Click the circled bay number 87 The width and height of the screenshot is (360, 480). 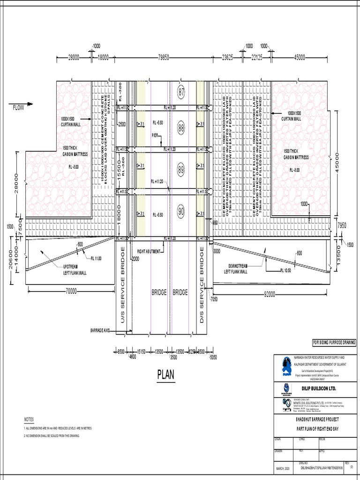[182, 91]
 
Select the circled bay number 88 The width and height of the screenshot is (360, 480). [182, 127]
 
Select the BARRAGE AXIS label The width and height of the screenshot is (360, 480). [100, 330]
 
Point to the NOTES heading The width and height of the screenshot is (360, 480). [29, 419]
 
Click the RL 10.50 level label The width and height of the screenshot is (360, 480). [286, 270]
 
